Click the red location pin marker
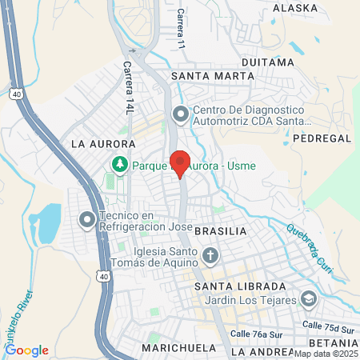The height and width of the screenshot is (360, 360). point(181,162)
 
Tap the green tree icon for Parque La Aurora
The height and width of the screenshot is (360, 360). point(120,164)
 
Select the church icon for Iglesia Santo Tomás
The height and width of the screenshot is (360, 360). point(210,256)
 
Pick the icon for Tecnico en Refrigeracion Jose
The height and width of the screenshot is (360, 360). point(86,218)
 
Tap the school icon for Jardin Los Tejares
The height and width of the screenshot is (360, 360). point(309,299)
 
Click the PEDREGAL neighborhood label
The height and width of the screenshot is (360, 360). point(322,138)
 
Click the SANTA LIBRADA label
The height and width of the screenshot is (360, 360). point(241,286)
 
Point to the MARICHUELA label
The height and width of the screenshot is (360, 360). point(178,348)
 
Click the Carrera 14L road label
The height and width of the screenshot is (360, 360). point(128,87)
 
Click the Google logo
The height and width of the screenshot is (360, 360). point(26,350)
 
